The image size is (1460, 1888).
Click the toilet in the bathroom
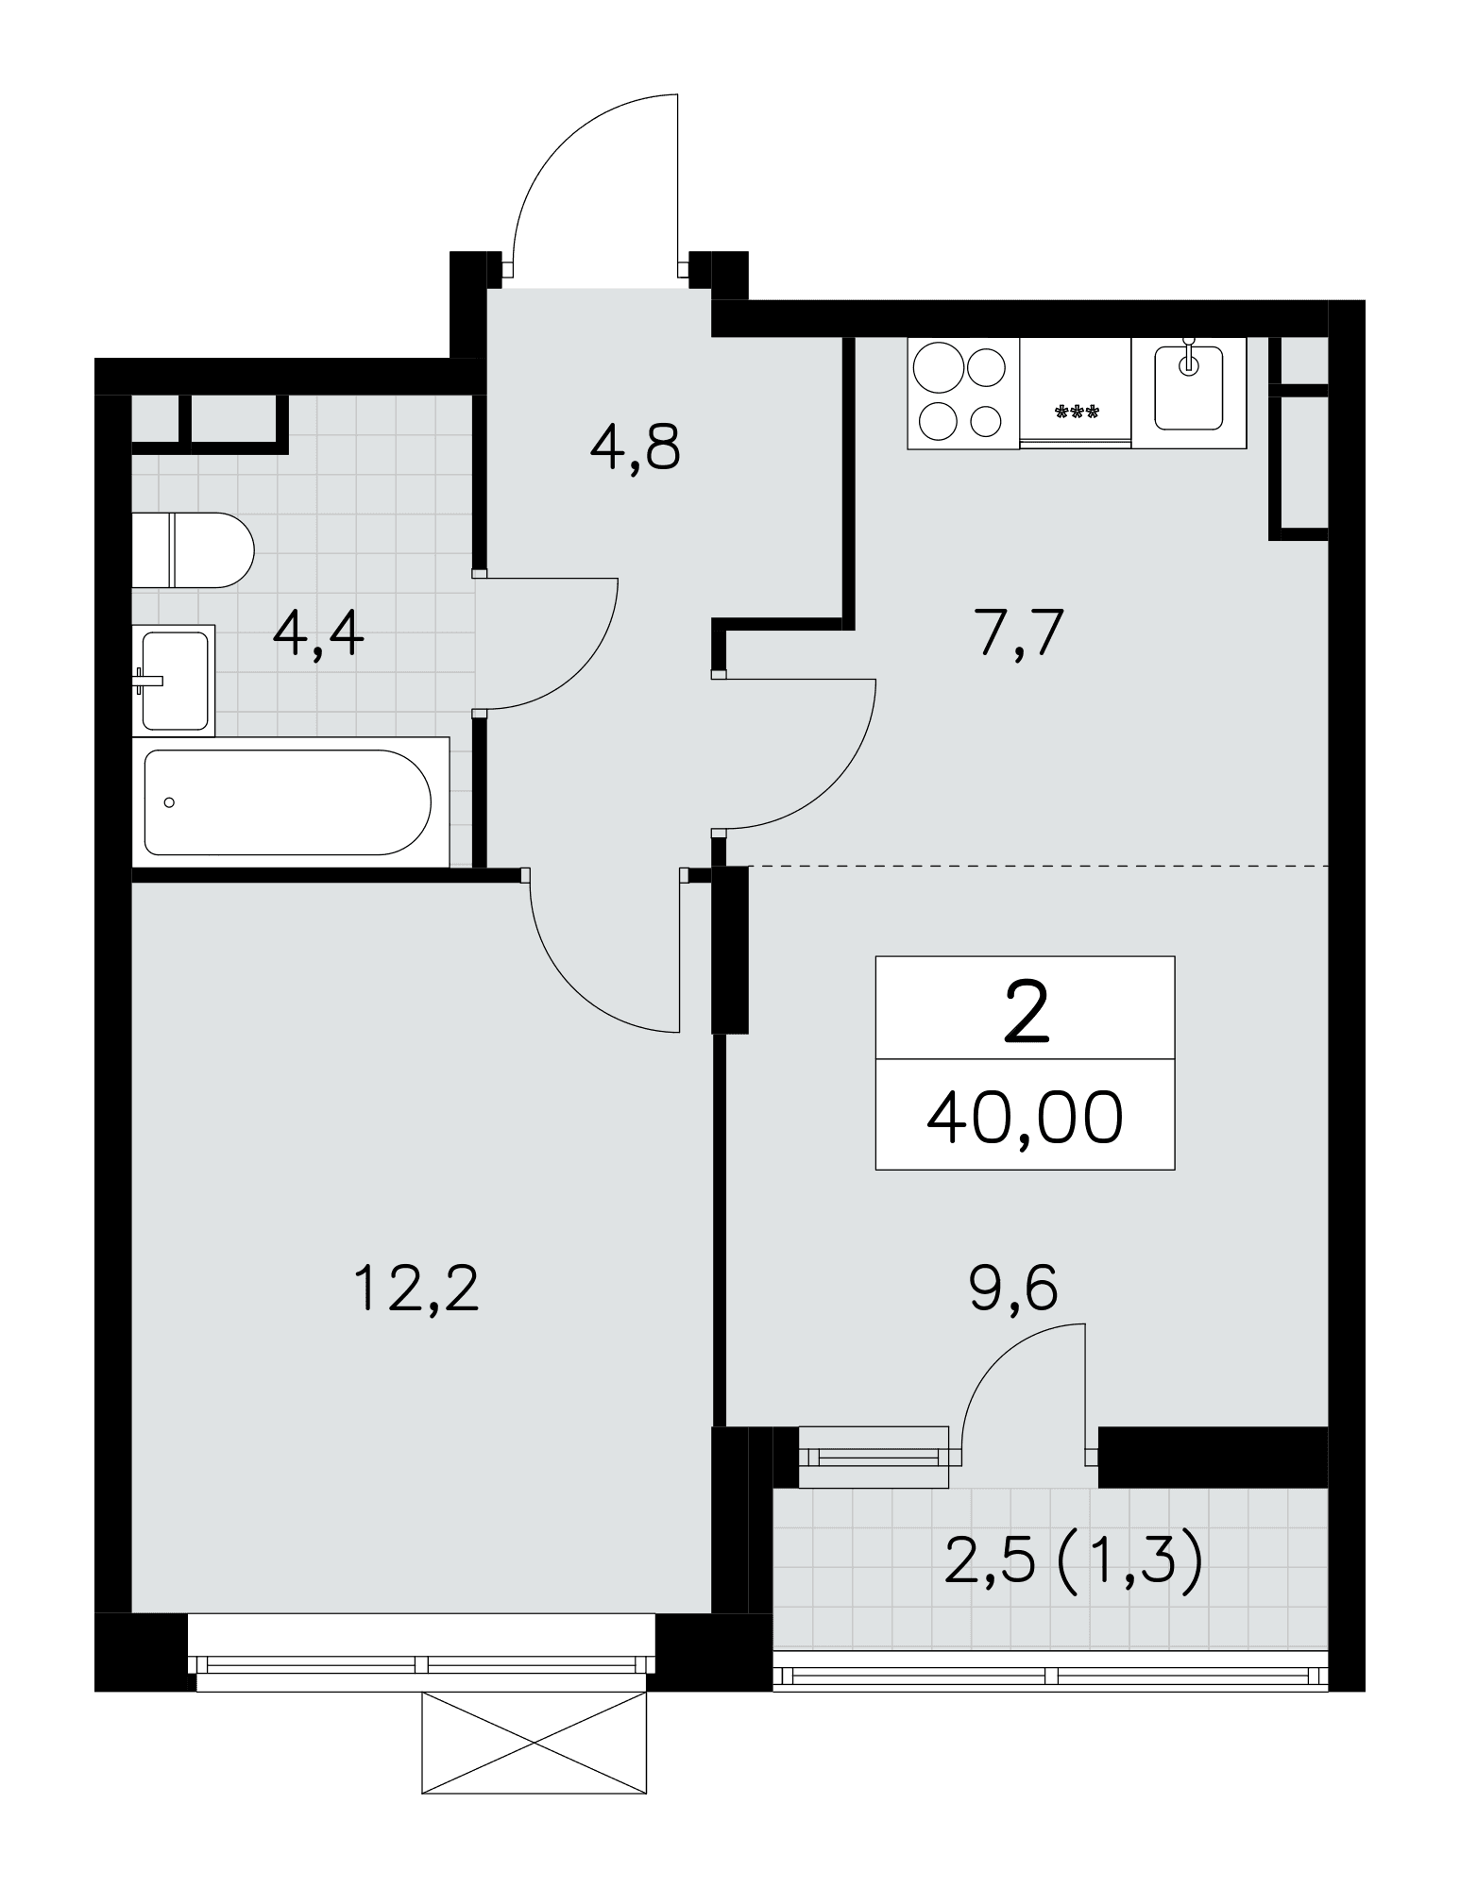pyautogui.click(x=193, y=549)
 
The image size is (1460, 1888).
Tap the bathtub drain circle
pyautogui.click(x=169, y=802)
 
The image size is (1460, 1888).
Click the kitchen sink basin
pyautogui.click(x=1189, y=387)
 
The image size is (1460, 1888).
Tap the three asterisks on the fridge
pyautogui.click(x=1076, y=412)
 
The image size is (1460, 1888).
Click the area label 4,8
pyautogui.click(x=635, y=447)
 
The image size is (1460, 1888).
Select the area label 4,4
pyautogui.click(x=318, y=634)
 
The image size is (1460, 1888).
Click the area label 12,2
pyautogui.click(x=417, y=1290)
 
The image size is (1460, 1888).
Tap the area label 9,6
pyautogui.click(x=1013, y=1289)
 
